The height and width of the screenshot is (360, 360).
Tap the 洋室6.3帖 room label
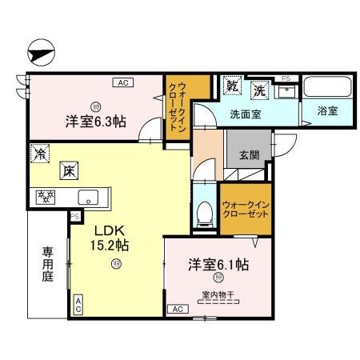tap(95, 123)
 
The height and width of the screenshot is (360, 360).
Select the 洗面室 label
tap(246, 114)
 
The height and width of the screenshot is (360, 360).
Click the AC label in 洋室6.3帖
tap(122, 82)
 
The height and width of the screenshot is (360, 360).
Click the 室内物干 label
tap(218, 294)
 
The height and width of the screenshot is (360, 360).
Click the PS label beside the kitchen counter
tap(74, 217)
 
